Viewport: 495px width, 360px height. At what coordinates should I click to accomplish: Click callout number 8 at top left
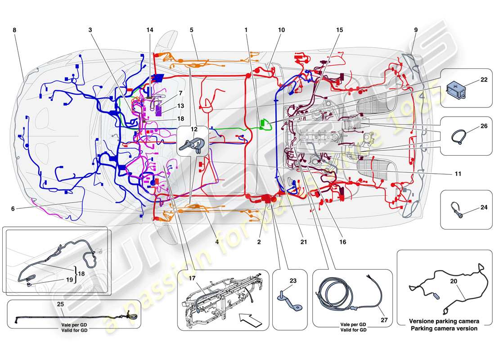14,30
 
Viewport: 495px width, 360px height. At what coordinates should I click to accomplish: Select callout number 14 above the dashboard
149,30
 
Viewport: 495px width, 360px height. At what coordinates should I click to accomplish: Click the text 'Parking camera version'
444,328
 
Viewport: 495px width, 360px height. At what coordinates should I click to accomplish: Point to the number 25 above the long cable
61,305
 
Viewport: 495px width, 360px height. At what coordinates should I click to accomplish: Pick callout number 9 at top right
415,30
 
